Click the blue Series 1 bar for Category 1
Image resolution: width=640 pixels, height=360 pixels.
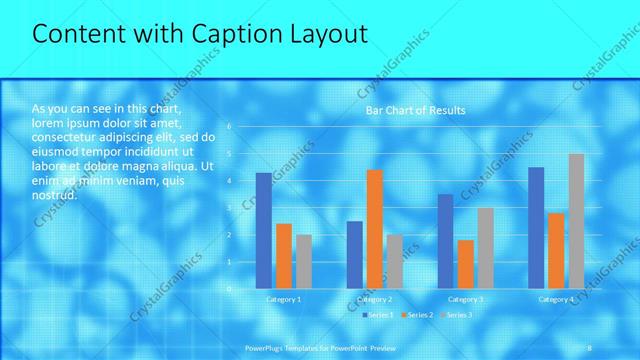264,231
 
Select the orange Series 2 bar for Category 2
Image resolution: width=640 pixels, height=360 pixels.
374,229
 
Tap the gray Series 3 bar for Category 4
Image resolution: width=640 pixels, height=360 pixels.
576,221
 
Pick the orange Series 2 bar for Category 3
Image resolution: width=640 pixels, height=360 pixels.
465,264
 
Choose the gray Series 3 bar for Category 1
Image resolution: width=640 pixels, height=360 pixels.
304,262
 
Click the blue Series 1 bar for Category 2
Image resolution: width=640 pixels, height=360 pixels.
354,255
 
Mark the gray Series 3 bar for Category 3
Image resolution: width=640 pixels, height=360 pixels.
485,248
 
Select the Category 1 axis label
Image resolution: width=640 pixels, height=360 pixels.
284,299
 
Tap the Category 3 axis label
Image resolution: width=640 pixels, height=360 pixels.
465,299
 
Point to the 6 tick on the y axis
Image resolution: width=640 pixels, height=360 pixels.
230,126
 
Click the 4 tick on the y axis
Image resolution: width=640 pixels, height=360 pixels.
230,180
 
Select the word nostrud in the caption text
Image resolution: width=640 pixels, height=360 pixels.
54,195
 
